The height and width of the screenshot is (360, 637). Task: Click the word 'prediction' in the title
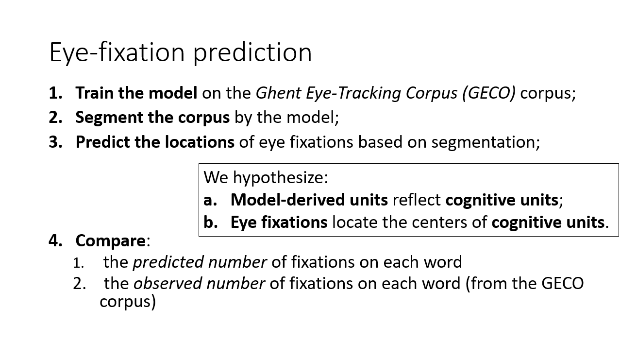pos(252,53)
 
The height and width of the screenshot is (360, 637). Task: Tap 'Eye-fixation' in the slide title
pos(117,53)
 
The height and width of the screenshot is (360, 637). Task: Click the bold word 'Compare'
pos(110,240)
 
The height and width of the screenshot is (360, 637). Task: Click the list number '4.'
pos(55,240)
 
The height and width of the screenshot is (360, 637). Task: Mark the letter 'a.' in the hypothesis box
pos(210,200)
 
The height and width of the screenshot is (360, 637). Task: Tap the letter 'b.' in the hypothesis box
pos(211,222)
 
